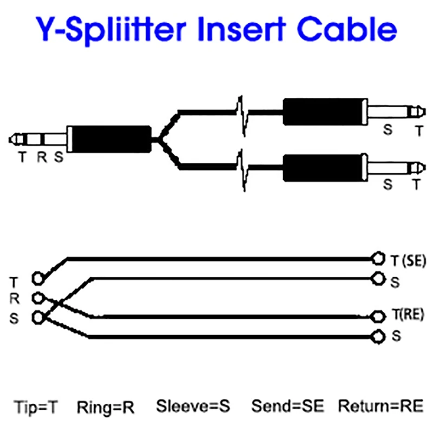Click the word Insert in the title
[241, 29]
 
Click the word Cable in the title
[347, 29]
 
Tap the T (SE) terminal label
[408, 261]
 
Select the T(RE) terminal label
[408, 314]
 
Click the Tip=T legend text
[36, 406]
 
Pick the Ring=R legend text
[106, 407]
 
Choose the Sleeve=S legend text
[193, 406]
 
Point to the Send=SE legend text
[287, 406]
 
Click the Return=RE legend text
[381, 406]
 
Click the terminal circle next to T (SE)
[378, 259]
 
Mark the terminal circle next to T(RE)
[378, 317]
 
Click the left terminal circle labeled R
[38, 298]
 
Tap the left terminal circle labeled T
[37, 278]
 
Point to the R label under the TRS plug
[42, 157]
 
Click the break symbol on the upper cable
[242, 115]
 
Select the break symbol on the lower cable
[242, 170]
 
